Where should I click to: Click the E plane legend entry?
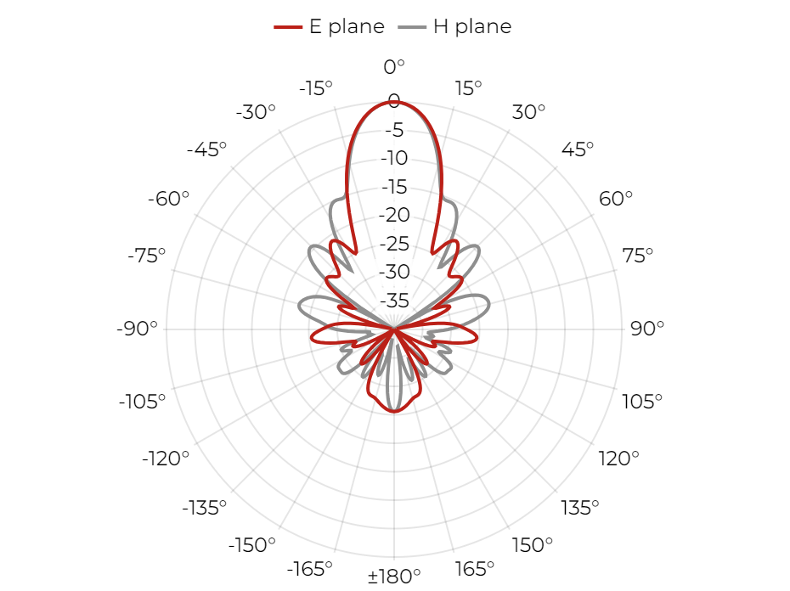(x=330, y=26)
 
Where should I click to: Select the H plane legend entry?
(x=455, y=26)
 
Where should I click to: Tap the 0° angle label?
(x=394, y=66)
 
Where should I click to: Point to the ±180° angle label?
(x=394, y=576)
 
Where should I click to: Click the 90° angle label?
(x=647, y=329)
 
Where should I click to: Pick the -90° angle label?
(x=137, y=329)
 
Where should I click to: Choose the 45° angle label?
(x=578, y=149)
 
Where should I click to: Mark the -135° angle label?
(x=205, y=508)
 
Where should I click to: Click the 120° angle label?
(x=618, y=459)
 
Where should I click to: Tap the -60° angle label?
(x=168, y=199)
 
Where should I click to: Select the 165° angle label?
(x=475, y=569)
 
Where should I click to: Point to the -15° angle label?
(x=316, y=88)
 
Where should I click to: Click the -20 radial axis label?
(x=394, y=215)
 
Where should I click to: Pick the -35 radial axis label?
(x=394, y=301)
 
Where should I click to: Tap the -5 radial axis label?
(x=394, y=130)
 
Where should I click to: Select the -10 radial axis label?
(x=394, y=158)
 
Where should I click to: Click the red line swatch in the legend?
(x=288, y=26)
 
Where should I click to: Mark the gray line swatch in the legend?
(x=412, y=26)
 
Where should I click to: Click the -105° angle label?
(x=142, y=402)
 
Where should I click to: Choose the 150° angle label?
(x=532, y=545)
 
